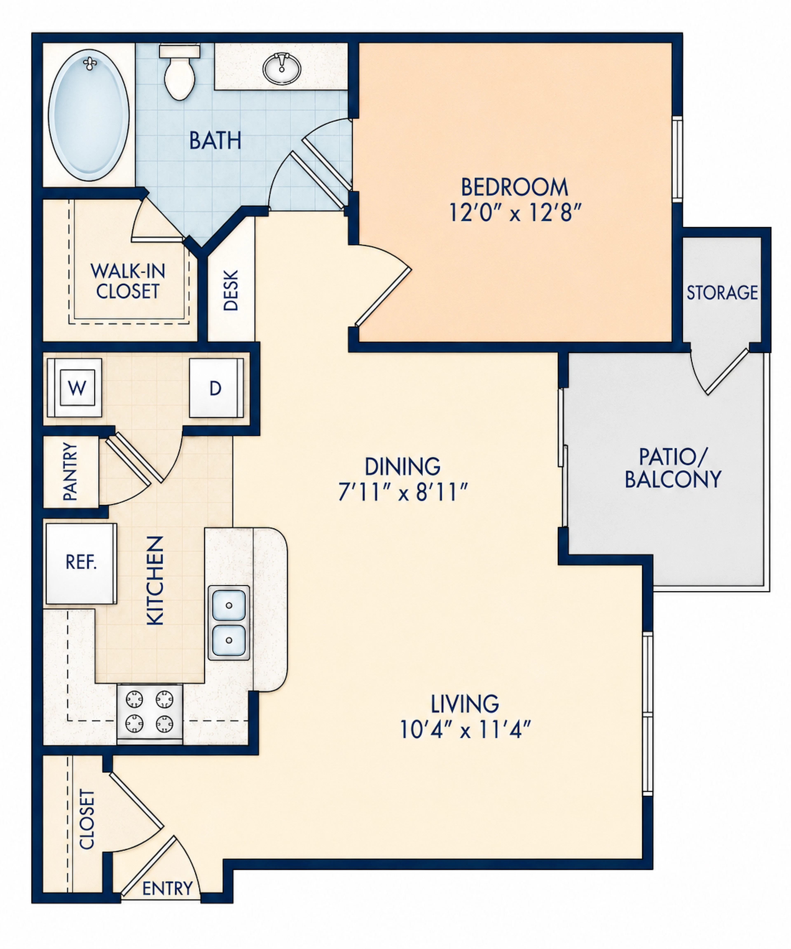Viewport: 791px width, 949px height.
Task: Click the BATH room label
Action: tap(215, 141)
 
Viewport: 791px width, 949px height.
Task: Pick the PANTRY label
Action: tap(70, 471)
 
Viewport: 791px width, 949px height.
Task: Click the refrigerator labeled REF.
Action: tap(81, 563)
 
